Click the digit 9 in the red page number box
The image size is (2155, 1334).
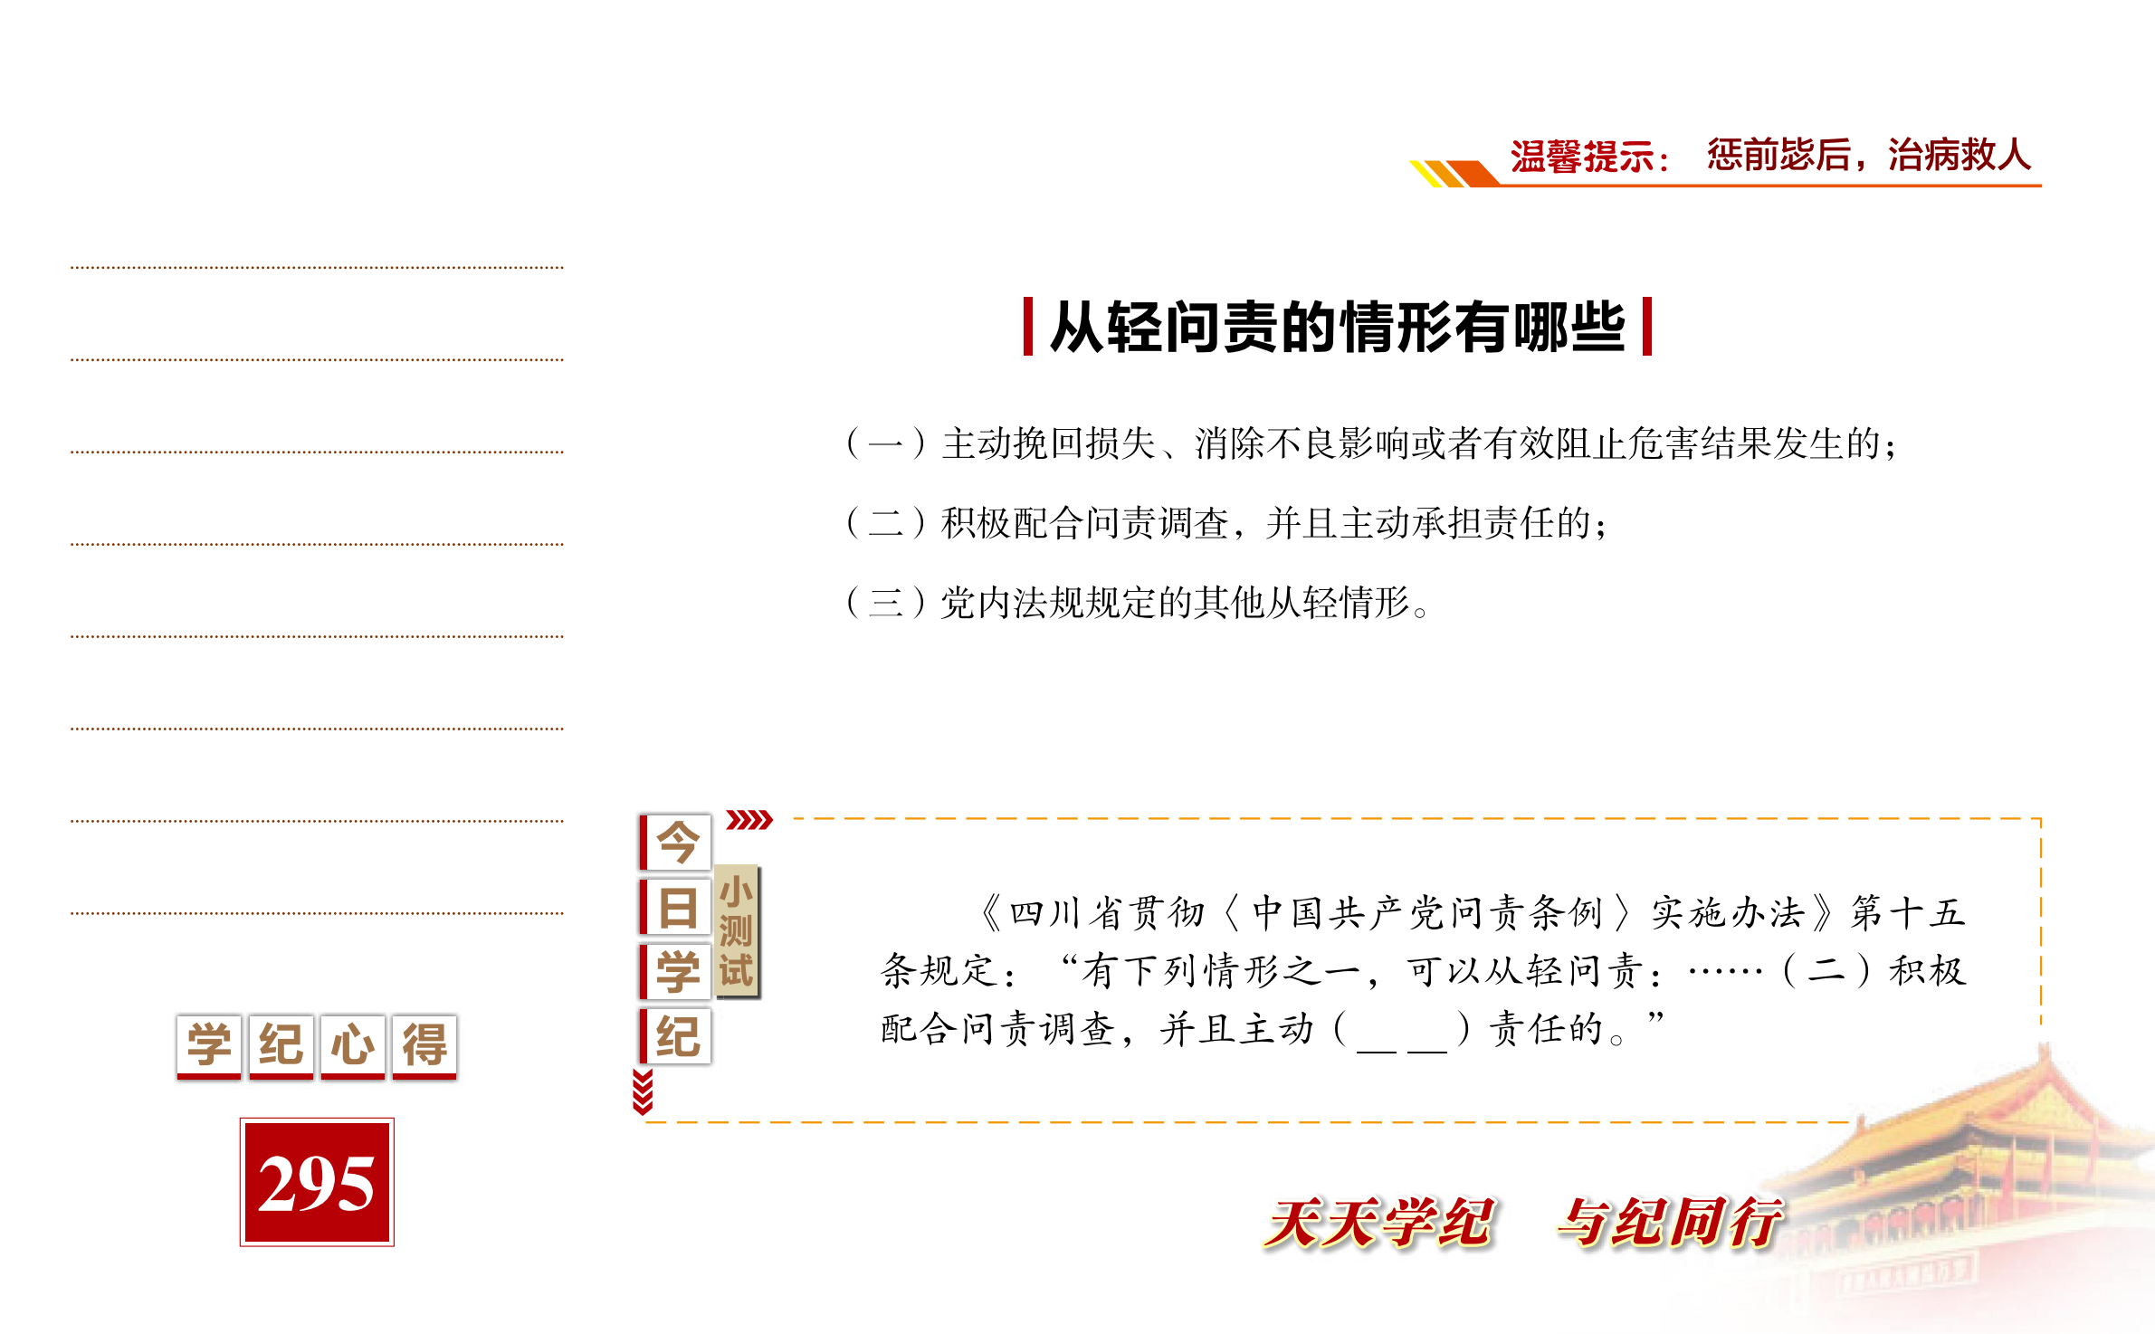[x=316, y=1184]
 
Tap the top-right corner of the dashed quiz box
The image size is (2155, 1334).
[x=2041, y=818]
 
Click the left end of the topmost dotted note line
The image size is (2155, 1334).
[x=72, y=268]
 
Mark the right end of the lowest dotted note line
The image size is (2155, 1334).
[x=563, y=913]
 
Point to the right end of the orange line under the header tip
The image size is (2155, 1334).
[x=2041, y=186]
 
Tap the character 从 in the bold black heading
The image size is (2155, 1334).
[x=1077, y=327]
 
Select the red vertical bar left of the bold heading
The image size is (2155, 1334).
[x=1028, y=326]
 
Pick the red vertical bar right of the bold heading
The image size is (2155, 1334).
[x=1646, y=326]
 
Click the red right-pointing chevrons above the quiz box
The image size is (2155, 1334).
[x=749, y=820]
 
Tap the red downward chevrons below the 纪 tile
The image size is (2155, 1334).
[x=643, y=1091]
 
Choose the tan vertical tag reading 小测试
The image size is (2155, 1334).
[x=737, y=931]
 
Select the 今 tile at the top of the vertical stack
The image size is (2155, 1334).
[x=675, y=842]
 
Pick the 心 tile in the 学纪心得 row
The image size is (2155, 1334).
[x=352, y=1046]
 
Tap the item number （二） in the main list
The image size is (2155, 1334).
[x=886, y=523]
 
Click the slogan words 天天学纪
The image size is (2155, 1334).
[x=1379, y=1223]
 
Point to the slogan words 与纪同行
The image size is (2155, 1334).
[x=1670, y=1223]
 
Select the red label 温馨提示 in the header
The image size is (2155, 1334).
[x=1582, y=157]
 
